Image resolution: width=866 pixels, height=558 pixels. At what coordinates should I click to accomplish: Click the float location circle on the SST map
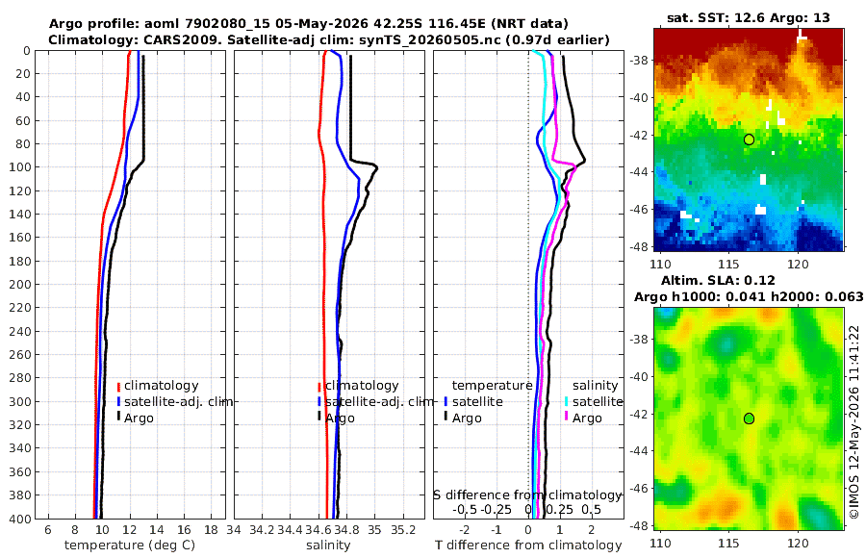click(749, 139)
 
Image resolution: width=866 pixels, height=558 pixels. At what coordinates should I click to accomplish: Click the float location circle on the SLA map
click(749, 418)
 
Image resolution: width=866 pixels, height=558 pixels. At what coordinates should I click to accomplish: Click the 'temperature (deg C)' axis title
click(130, 545)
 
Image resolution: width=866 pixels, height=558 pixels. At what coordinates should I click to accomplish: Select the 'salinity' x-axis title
click(328, 545)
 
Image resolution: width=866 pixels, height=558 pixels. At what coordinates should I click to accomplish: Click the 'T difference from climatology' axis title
click(528, 545)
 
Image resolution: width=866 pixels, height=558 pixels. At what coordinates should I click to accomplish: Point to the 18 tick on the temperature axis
click(211, 530)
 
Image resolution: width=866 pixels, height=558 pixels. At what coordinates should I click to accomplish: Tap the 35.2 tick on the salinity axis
click(403, 530)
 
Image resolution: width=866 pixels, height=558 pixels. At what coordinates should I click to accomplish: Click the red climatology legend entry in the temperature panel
click(158, 386)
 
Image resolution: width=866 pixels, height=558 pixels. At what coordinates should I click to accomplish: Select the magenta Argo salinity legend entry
click(583, 418)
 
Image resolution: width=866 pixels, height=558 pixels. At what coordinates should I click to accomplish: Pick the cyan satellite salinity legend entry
click(594, 401)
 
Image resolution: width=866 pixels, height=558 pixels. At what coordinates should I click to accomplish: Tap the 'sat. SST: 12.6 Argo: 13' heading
click(749, 17)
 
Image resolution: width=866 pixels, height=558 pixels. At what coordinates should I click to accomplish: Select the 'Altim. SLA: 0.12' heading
click(718, 281)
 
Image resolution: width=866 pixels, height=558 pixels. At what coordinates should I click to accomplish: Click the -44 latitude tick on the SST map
click(640, 172)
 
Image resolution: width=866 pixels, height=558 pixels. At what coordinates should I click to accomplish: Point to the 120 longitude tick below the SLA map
click(798, 543)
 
